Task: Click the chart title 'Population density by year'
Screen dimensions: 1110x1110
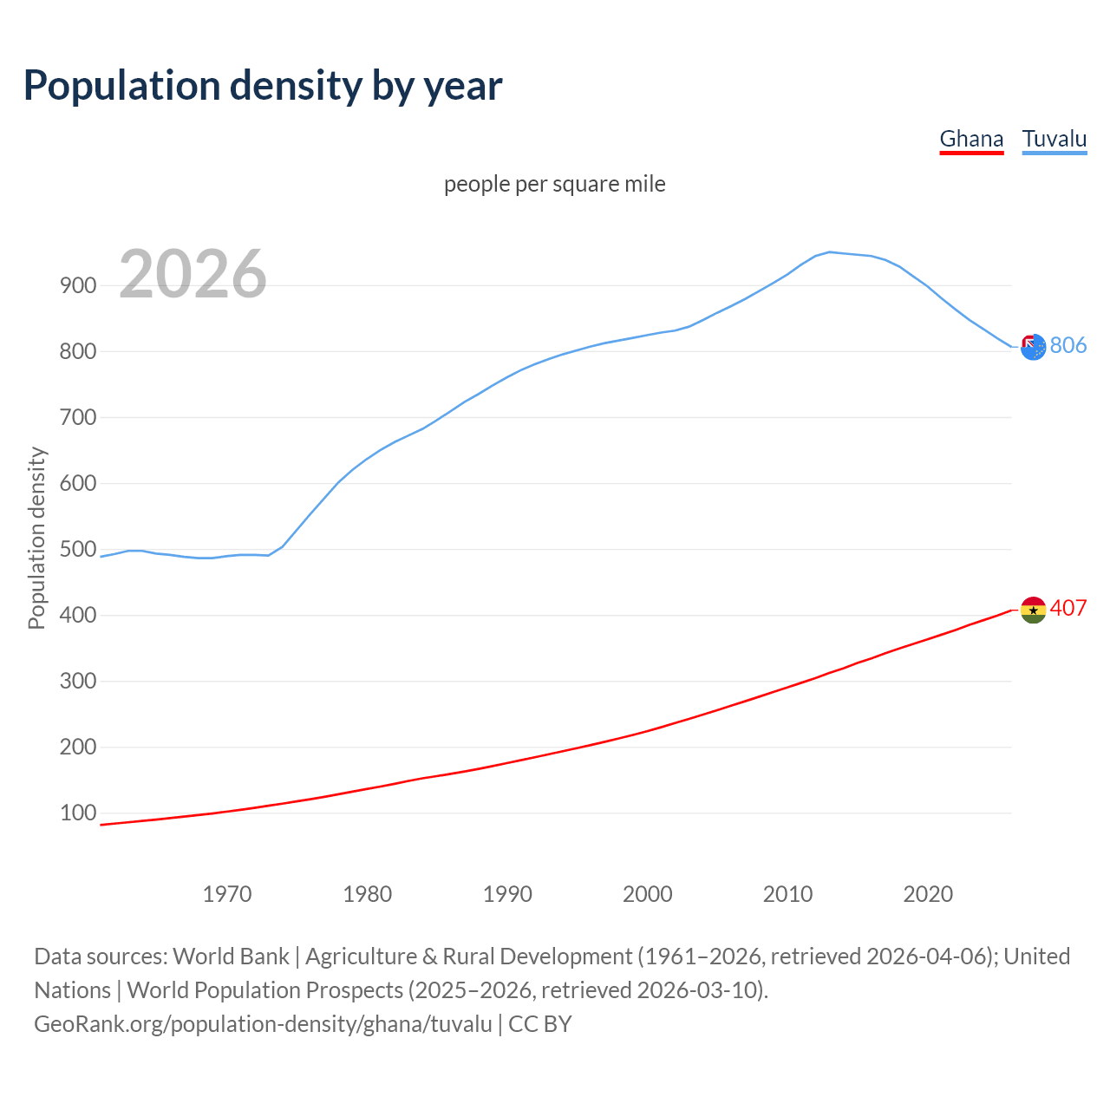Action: pos(263,85)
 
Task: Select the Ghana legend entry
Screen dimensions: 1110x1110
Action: pos(971,139)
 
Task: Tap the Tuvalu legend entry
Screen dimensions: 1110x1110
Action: pos(1054,139)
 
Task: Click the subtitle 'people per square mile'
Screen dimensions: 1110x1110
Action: pos(555,184)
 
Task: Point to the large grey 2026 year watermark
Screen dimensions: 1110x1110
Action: pos(193,274)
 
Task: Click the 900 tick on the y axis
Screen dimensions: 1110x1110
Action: pos(78,285)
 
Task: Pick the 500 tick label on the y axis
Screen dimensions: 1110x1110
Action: pos(78,549)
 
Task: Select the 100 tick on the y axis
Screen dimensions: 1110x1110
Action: pos(78,813)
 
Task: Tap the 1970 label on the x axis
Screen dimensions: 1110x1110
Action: pos(227,893)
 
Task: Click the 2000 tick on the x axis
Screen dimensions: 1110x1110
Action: pos(648,893)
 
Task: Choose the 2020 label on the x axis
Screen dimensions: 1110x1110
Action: pos(928,893)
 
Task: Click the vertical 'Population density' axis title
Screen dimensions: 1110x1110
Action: pos(36,538)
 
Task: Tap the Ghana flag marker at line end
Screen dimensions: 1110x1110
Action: pos(1033,610)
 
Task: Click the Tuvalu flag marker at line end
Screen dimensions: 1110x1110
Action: pos(1033,347)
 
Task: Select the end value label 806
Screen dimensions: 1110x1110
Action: pos(1068,345)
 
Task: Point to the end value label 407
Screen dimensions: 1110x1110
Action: pos(1068,608)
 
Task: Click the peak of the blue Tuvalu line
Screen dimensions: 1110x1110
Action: pos(830,252)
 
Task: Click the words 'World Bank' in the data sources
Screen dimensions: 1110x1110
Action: pos(231,956)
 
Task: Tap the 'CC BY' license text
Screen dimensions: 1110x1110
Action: pos(540,1023)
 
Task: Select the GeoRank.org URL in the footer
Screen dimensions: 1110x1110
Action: pos(263,1023)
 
